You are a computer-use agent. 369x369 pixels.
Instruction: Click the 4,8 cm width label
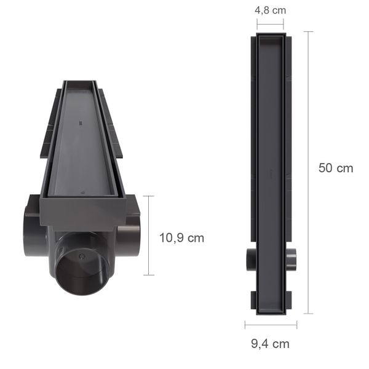pos(270,10)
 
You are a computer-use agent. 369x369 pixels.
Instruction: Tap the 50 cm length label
pos(336,168)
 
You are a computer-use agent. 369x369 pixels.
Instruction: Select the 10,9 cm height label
pos(181,237)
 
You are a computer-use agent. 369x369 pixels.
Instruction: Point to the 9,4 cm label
pos(270,344)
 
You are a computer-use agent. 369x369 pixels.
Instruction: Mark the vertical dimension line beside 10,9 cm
pos(148,236)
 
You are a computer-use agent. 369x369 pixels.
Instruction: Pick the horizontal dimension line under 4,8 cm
pos(271,26)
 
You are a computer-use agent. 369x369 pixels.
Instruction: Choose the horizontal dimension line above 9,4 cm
pos(271,325)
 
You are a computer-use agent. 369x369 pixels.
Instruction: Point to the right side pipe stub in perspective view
pos(130,236)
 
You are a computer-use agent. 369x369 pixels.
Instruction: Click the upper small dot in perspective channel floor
pos(80,123)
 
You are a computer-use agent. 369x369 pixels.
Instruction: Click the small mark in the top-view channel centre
pos(271,173)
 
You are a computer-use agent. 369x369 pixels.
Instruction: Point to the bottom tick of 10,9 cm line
pos(148,275)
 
